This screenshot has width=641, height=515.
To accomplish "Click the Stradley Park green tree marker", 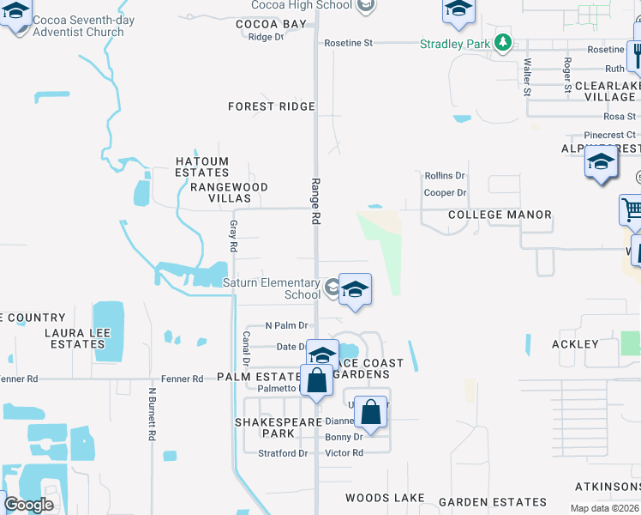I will [x=505, y=42].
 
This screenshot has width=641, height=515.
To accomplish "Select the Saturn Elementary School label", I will [x=272, y=288].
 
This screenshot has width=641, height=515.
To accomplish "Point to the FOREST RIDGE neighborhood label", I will [x=272, y=106].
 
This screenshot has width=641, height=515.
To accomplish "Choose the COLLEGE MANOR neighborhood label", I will [x=500, y=215].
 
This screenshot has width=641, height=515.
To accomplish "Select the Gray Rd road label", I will [x=233, y=236].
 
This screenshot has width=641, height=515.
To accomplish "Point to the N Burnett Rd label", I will [x=152, y=414].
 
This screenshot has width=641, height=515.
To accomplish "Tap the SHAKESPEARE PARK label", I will [x=271, y=428].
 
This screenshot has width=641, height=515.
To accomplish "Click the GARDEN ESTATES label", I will [x=492, y=502].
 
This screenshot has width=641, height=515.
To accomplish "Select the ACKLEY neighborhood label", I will [x=575, y=344].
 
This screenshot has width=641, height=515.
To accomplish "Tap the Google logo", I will [x=28, y=505].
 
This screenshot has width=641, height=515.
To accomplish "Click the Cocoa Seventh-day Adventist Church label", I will [x=78, y=24].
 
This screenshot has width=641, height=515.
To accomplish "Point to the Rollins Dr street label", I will [x=445, y=175].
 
